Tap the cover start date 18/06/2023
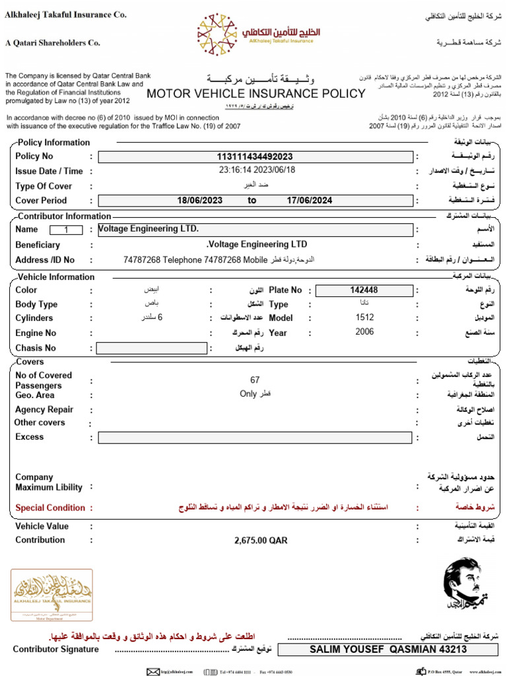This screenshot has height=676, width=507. pyautogui.click(x=201, y=201)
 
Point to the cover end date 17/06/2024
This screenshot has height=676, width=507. pyautogui.click(x=310, y=201)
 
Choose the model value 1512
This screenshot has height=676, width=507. pyautogui.click(x=364, y=318)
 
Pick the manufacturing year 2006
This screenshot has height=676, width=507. pyautogui.click(x=364, y=332)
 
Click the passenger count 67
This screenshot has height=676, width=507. pyautogui.click(x=255, y=380)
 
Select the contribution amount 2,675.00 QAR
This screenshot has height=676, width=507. pyautogui.click(x=261, y=540)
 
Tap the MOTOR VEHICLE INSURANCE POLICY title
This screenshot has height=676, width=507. pyautogui.click(x=255, y=94)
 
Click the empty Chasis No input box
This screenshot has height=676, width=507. pyautogui.click(x=151, y=348)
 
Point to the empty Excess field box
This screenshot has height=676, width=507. pyautogui.click(x=256, y=438)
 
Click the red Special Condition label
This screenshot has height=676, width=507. pyautogui.click(x=50, y=508)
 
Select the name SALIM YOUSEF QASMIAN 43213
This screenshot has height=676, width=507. pyautogui.click(x=388, y=650)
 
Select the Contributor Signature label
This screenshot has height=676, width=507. pyautogui.click(x=56, y=649)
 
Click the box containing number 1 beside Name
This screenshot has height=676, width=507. pyautogui.click(x=66, y=230)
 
